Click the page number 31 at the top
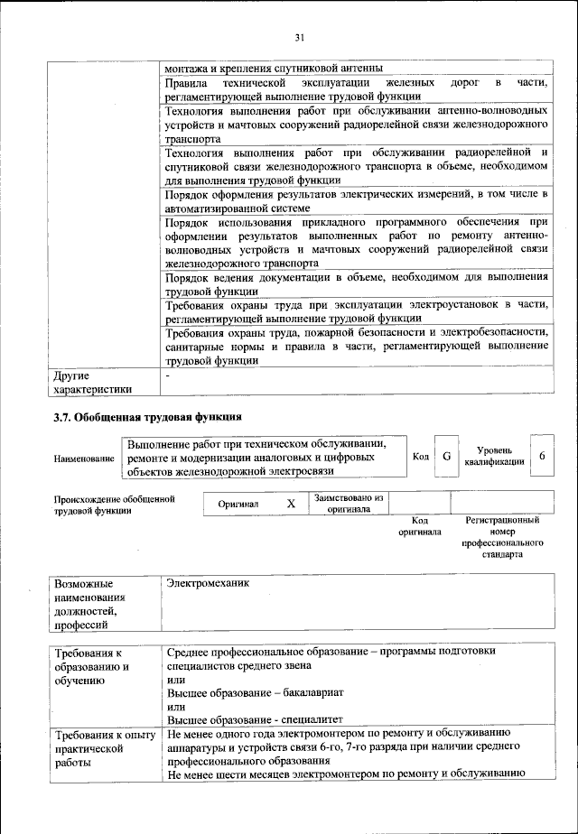[x=300, y=37]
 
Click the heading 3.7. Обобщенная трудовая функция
[x=147, y=417]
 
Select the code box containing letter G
[x=446, y=457]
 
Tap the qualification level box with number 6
[x=541, y=457]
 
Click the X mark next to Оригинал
[x=291, y=504]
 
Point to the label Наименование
[x=84, y=459]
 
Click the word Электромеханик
[x=209, y=583]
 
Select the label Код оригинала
[x=419, y=526]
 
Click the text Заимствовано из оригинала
[x=349, y=503]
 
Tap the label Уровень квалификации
[x=494, y=456]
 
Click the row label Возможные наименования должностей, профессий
[x=90, y=603]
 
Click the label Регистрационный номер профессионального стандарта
[x=502, y=538]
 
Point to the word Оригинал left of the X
[x=238, y=505]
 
